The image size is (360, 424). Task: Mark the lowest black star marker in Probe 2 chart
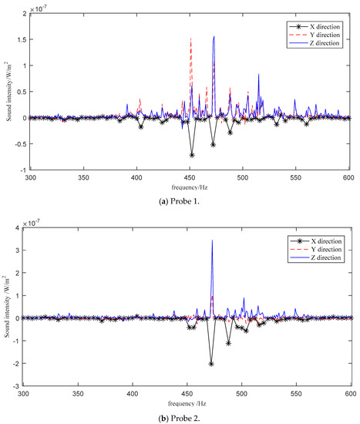(x=211, y=363)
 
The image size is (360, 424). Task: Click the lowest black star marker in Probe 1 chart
(x=192, y=155)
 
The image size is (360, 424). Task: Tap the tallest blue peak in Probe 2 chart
(x=212, y=241)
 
